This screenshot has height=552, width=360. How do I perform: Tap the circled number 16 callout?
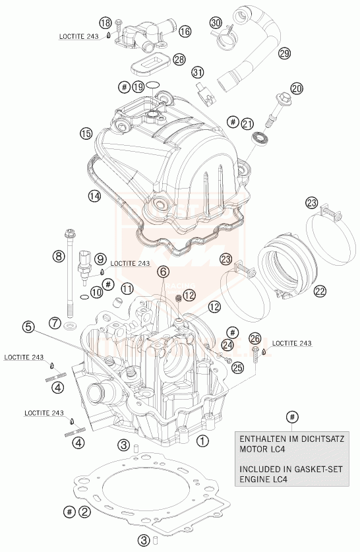pyautogui.click(x=185, y=31)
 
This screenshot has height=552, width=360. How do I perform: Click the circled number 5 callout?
pyautogui.click(x=28, y=326)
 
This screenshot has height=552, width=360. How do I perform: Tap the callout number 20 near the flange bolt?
pyautogui.click(x=296, y=88)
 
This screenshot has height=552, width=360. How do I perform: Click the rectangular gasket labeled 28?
pyautogui.click(x=146, y=67)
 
